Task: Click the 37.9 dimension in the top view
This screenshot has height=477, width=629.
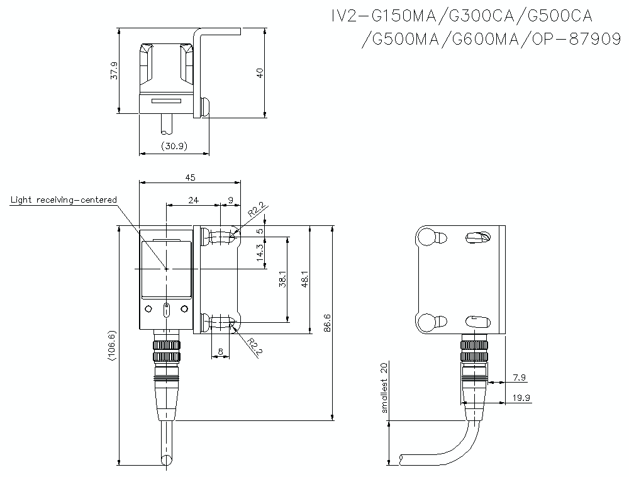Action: (x=114, y=71)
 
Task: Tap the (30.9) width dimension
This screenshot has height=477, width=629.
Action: (x=174, y=146)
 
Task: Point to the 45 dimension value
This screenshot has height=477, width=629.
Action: (x=190, y=177)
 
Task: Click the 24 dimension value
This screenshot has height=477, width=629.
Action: (x=193, y=200)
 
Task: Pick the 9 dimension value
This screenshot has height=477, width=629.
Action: (x=230, y=200)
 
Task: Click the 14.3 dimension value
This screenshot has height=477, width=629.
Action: (x=260, y=253)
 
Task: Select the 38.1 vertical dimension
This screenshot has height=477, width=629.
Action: (x=282, y=279)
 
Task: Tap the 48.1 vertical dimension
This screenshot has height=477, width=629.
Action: (x=305, y=279)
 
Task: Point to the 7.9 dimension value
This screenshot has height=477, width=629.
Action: (x=520, y=378)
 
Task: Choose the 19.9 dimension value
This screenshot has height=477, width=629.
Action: (x=521, y=398)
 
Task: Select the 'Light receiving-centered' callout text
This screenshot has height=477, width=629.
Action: (x=64, y=199)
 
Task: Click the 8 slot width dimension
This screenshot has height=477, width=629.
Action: (x=220, y=351)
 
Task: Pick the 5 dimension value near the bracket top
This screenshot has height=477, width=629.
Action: (x=260, y=231)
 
